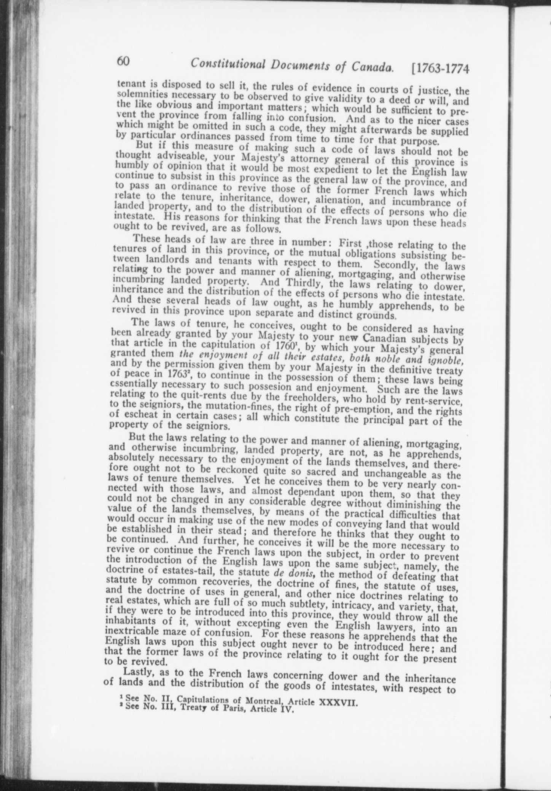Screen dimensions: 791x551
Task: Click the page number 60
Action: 124,62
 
